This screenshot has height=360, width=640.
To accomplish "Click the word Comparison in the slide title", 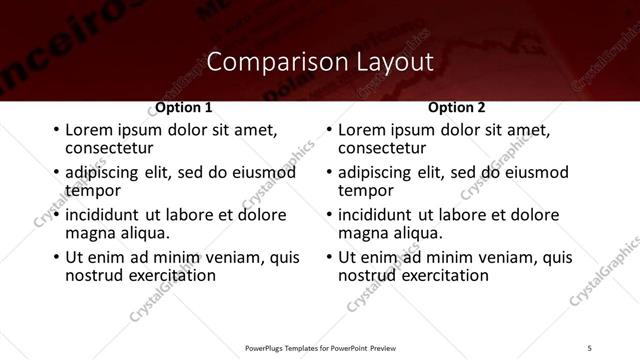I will pos(276,62).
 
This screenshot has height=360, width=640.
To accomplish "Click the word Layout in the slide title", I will pos(395,62).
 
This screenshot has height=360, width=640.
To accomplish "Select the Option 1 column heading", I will pos(183,107).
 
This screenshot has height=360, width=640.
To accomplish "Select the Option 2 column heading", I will pos(456,107).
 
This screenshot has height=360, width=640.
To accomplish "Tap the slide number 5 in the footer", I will pos(590,347).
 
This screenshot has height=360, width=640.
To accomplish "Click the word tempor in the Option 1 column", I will pos(92,190).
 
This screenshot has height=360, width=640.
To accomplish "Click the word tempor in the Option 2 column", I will pos(365,190).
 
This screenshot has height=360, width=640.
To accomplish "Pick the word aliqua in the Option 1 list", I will pos(145,233).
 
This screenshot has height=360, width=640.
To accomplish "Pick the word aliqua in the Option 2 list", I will pos(418,233).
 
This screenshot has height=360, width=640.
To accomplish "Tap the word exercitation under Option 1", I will pos(166,275).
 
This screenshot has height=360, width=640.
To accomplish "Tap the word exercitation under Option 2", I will pos(439,275).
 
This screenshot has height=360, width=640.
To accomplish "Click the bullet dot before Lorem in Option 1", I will pos(55,131).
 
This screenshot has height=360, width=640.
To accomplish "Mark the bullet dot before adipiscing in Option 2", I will pos(328,173).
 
